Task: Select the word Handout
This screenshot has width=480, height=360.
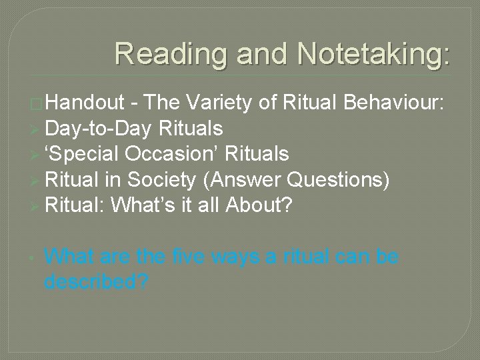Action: [85, 103]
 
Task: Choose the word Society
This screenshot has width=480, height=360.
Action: [160, 180]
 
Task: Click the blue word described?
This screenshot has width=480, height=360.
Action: [96, 282]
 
